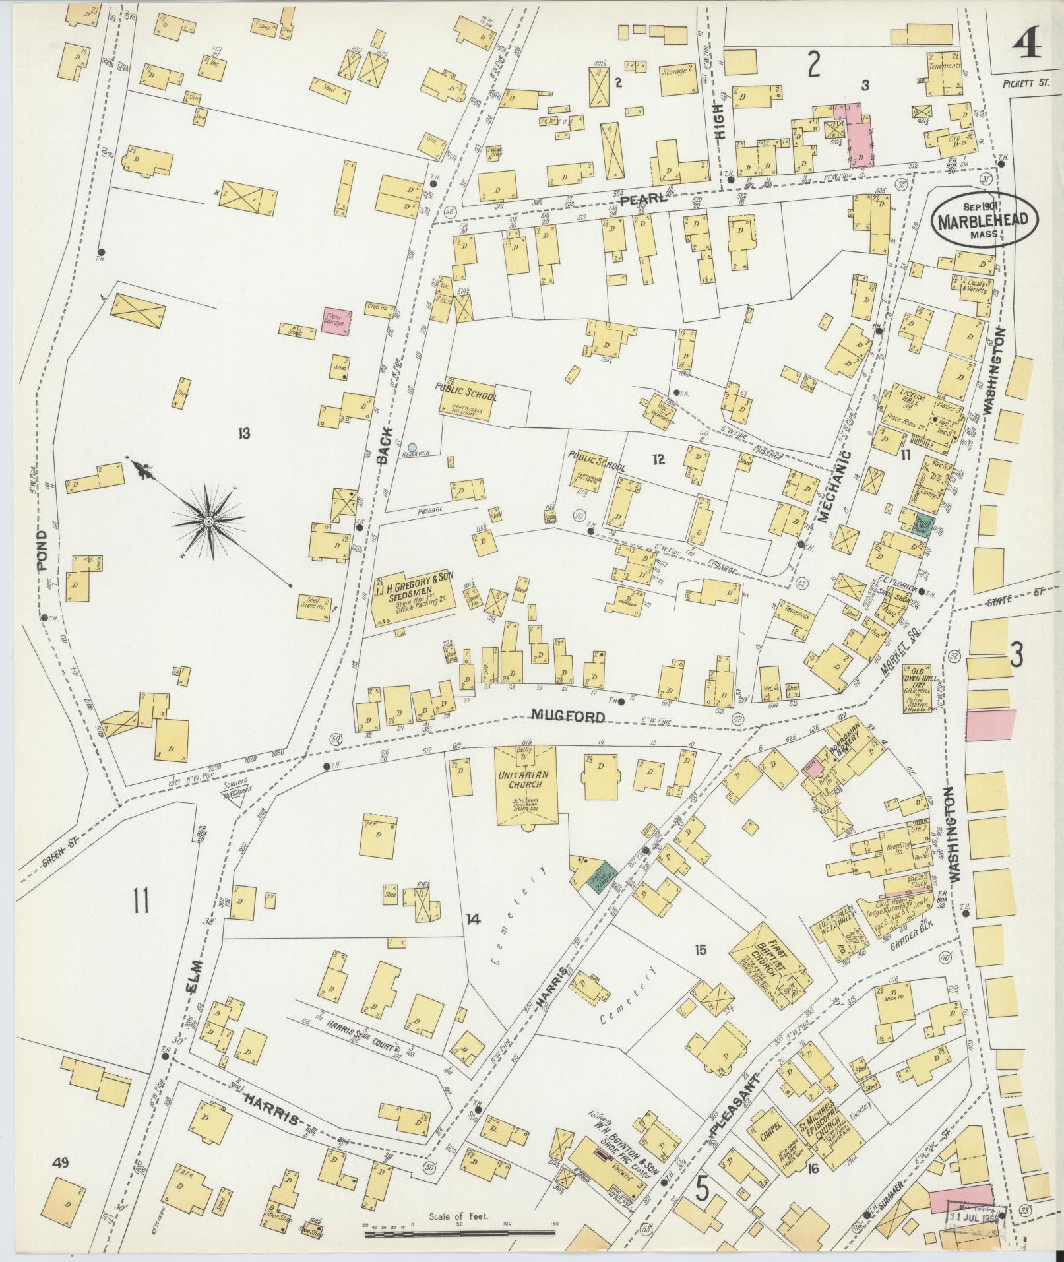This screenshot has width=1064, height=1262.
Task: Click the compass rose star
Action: [x=208, y=522]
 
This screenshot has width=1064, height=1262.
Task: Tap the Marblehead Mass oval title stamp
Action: [x=984, y=220]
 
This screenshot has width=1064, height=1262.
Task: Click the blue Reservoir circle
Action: [x=413, y=447]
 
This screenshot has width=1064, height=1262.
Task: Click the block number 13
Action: [x=244, y=433]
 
